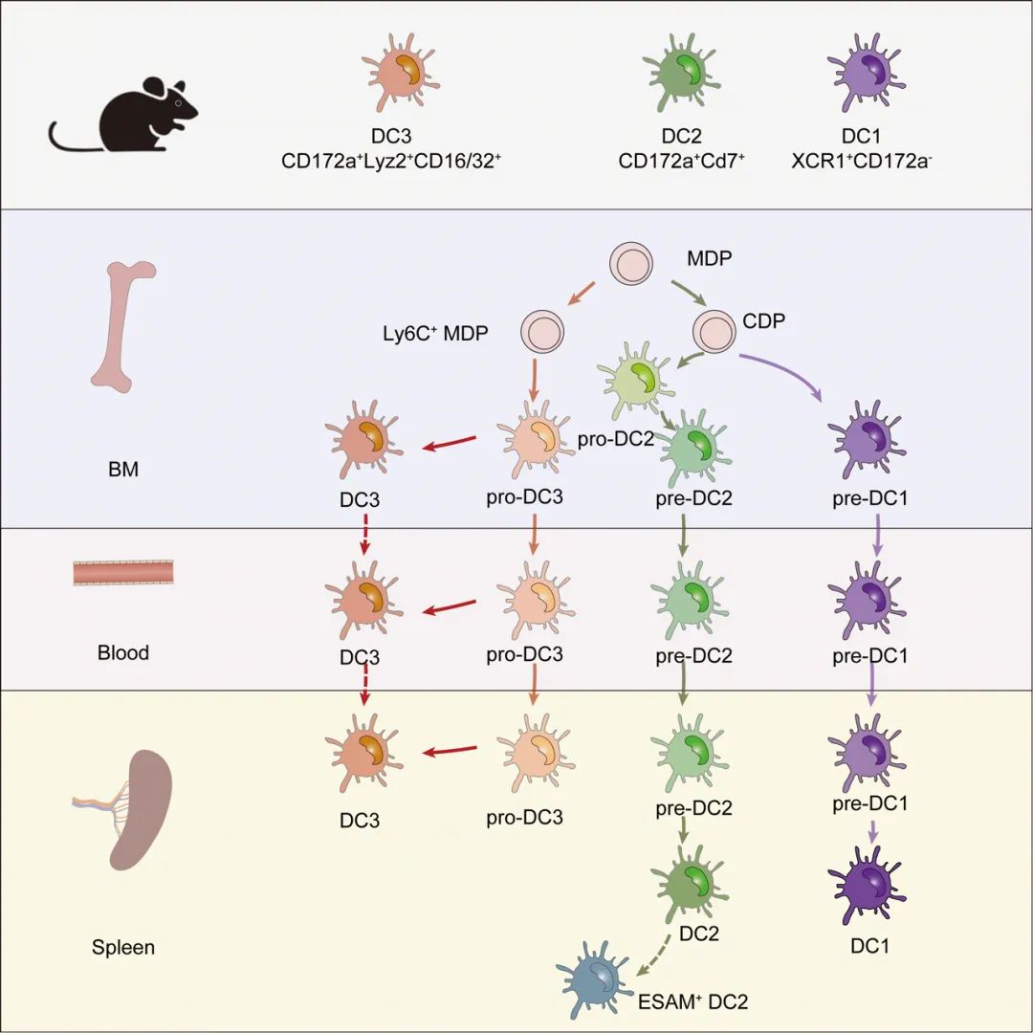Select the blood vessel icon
123,573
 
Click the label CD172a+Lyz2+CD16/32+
391,162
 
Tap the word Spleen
123,949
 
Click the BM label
123,469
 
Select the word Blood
123,654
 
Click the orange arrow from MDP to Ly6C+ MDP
583,294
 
